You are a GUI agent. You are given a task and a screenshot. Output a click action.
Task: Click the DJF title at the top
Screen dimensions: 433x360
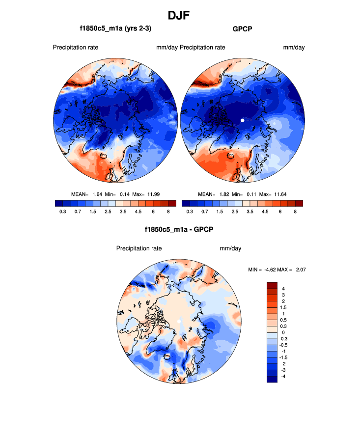pyautogui.click(x=179, y=16)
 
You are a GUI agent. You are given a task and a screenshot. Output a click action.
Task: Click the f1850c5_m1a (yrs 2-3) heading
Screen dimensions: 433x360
pyautogui.click(x=115, y=29)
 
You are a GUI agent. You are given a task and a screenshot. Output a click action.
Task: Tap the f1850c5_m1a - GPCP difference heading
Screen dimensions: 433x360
pyautogui.click(x=179, y=229)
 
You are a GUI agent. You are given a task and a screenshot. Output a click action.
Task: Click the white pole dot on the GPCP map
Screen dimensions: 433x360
pyautogui.click(x=242, y=120)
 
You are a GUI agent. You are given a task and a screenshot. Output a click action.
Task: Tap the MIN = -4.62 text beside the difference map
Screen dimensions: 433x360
pyautogui.click(x=265, y=270)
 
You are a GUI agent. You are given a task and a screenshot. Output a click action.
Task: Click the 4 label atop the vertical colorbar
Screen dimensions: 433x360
pyautogui.click(x=283, y=288)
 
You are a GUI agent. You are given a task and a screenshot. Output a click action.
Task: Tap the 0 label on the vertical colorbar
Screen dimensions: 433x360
pyautogui.click(x=283, y=332)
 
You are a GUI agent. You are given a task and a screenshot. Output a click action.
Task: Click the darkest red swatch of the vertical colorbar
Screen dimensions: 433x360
pyautogui.click(x=273, y=285)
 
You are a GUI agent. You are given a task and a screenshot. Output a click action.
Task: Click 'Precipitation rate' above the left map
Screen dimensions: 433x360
pyautogui.click(x=76, y=48)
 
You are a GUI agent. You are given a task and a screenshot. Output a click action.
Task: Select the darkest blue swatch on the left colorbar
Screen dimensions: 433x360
pyautogui.click(x=59, y=203)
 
